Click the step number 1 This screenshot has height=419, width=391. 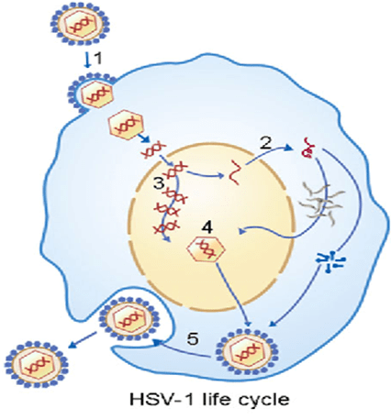[97, 59]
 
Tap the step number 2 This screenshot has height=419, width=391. [266, 143]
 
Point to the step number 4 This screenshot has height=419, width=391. [208, 227]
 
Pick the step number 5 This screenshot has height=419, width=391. [193, 338]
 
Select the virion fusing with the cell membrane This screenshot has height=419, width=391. [92, 94]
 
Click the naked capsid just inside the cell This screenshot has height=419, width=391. [126, 124]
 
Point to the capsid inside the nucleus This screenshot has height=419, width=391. [206, 249]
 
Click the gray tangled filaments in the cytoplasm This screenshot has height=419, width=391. [320, 201]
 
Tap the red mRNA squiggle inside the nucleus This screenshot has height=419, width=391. [235, 172]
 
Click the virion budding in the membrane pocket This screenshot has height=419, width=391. [129, 319]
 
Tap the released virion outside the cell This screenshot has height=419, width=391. [37, 364]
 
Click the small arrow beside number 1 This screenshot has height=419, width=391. [88, 61]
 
